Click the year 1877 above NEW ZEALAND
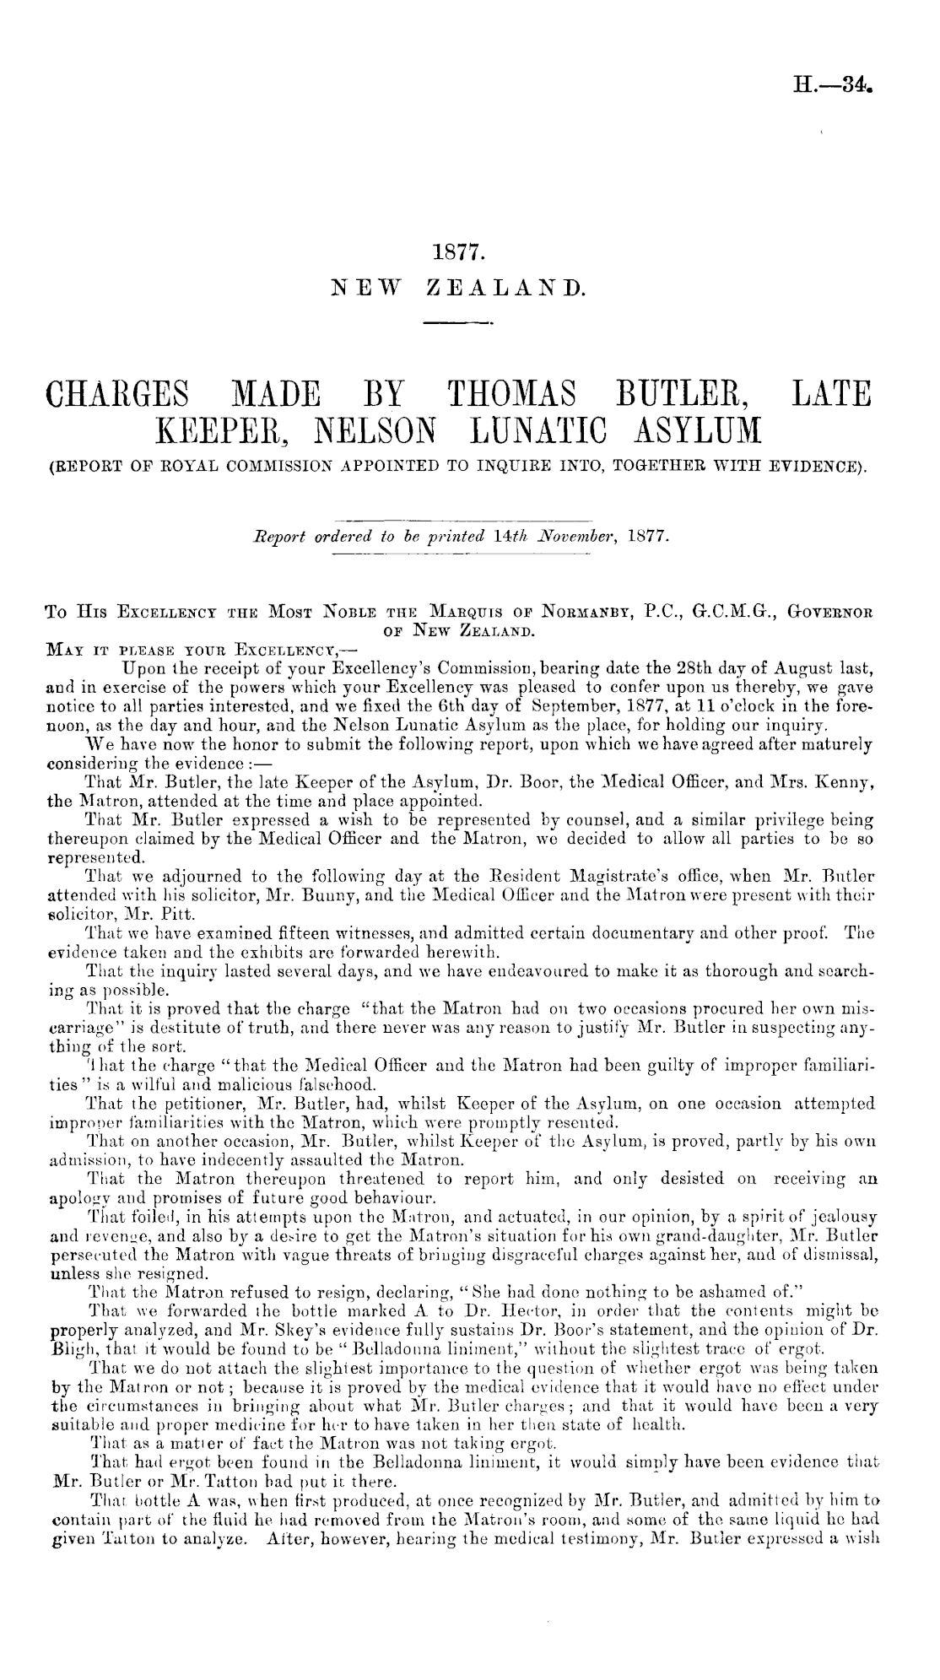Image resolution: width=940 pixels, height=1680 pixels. click(x=455, y=251)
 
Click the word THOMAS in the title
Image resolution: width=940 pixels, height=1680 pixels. click(x=506, y=392)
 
